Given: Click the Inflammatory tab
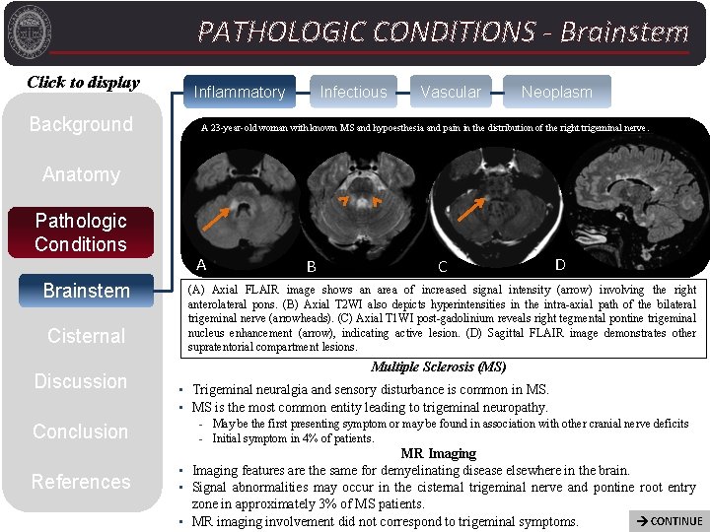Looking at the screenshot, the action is point(239,93).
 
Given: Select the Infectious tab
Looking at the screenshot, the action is point(353,93).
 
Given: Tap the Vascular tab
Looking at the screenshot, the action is point(451,93).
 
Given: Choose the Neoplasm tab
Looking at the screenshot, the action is point(557,93).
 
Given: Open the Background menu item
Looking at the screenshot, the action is point(81,124).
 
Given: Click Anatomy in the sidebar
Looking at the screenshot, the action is point(81,174).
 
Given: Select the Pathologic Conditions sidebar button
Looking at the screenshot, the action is point(81,233).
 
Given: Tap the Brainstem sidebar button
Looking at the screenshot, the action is point(86,291).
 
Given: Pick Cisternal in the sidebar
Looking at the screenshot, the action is point(86,336).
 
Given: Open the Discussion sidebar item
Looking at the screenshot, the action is point(81,381).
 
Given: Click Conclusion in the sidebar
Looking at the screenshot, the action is point(81,432).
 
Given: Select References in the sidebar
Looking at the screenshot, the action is point(81,482).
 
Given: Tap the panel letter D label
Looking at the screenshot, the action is point(560,264).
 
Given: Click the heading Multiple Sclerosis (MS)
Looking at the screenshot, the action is point(439,367).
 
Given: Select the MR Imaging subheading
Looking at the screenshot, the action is point(439,454).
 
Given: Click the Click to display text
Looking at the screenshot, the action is point(83,83).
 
